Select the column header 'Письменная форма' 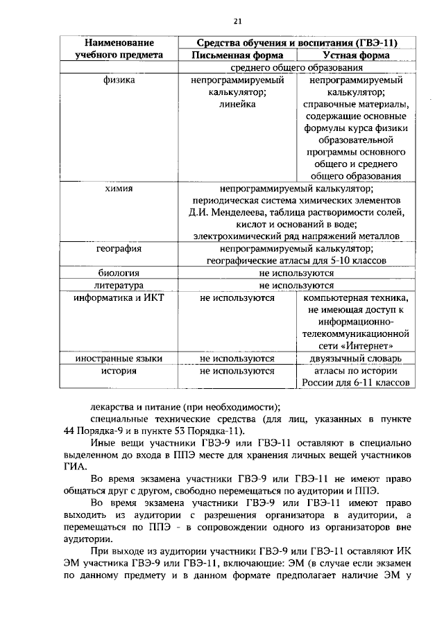pos(237,55)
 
